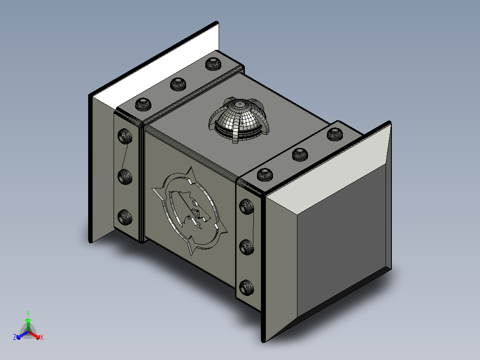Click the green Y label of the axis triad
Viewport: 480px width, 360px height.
(x=28, y=313)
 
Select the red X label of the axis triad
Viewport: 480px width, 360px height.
(x=42, y=337)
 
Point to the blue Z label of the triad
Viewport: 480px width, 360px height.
(x=15, y=337)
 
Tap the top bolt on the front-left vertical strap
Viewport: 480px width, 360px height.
(x=125, y=136)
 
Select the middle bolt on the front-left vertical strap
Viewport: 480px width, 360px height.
(x=125, y=177)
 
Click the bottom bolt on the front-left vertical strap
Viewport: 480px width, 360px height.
(x=125, y=217)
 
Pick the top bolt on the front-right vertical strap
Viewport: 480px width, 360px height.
(x=246, y=206)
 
